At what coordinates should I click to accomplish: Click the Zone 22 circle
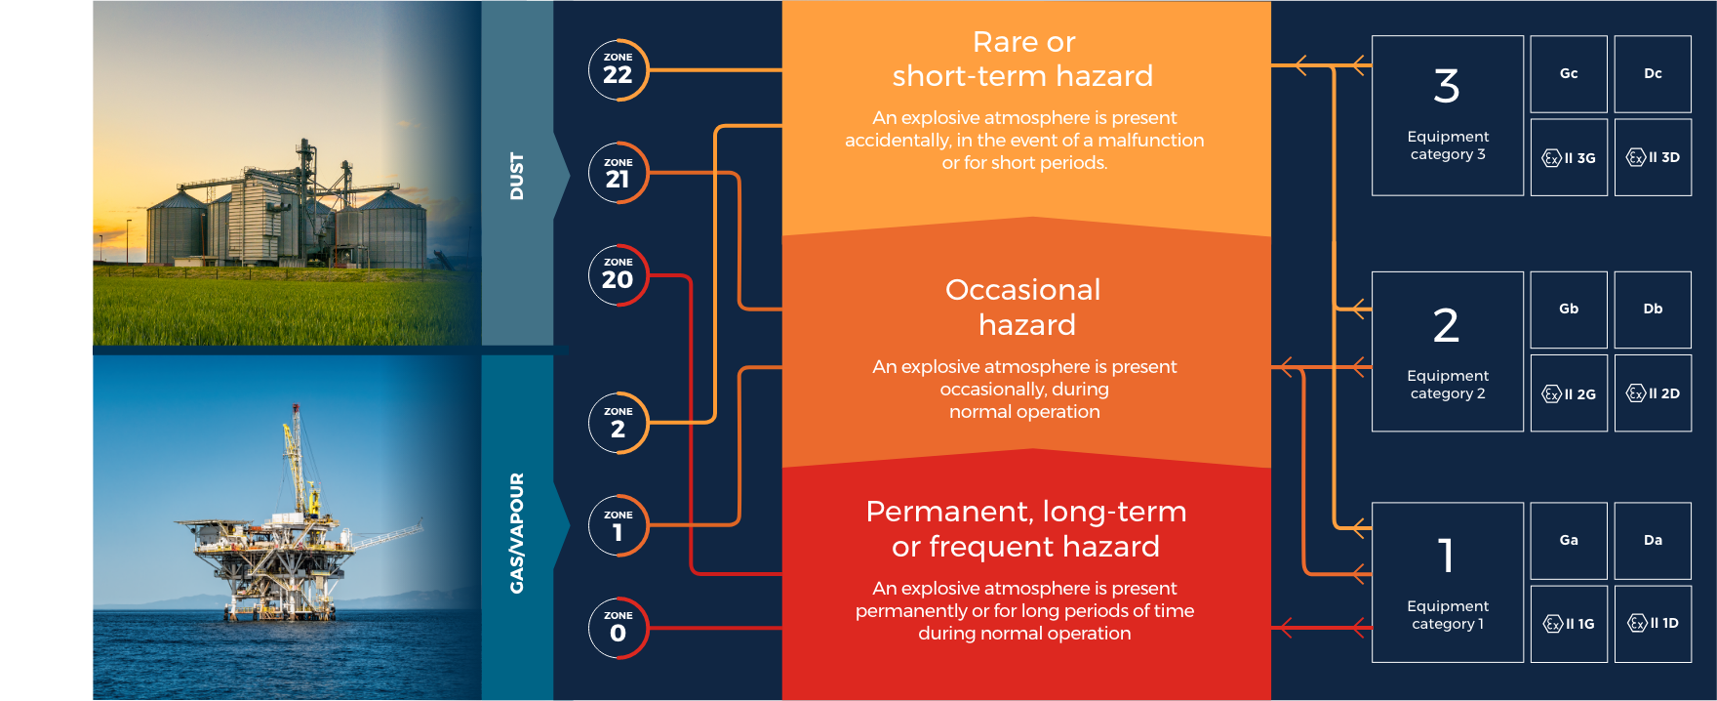tap(619, 69)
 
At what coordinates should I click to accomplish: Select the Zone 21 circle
tap(619, 173)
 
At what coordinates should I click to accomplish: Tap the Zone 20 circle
tap(619, 274)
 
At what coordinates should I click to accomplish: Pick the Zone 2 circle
tap(619, 423)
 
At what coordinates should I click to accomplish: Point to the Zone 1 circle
tap(619, 525)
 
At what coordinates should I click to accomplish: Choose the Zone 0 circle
tap(619, 628)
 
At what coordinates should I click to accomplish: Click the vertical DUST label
tap(517, 177)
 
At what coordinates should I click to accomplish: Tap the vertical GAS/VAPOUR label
tap(517, 533)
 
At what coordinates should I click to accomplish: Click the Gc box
tap(1569, 74)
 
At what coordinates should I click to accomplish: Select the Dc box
tap(1653, 74)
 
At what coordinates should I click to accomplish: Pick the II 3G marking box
tap(1569, 157)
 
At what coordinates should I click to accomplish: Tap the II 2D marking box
tap(1653, 392)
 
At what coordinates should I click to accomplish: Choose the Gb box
tap(1569, 309)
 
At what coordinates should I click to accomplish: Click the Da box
tap(1653, 541)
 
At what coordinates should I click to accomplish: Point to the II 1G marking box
tap(1569, 624)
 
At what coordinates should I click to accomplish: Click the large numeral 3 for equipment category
tap(1447, 86)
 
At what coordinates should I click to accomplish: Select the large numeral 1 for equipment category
tap(1447, 556)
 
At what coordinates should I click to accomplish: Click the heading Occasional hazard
tap(1024, 307)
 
